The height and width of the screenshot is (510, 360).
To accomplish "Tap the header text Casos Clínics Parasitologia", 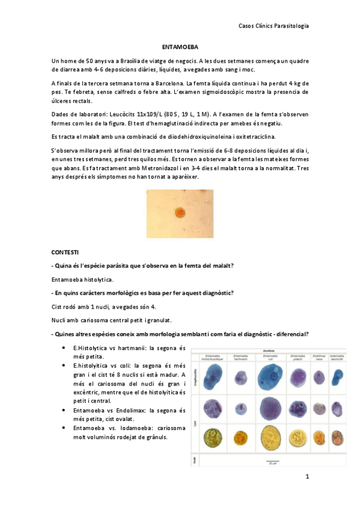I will point(274,25).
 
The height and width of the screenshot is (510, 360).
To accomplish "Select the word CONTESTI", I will point(66,251).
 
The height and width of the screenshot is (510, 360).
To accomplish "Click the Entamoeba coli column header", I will point(268,357).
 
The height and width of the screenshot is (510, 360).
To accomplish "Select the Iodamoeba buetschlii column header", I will point(338,357).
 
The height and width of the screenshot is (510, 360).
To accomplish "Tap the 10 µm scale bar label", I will point(273,462).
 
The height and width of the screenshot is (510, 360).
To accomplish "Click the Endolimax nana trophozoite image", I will point(319,378).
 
